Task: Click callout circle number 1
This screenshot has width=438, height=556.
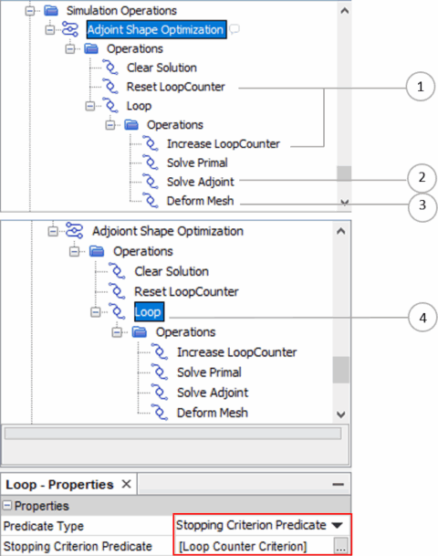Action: (x=421, y=87)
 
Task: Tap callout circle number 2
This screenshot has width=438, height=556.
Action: (x=422, y=178)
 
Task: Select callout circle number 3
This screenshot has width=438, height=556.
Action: (x=422, y=205)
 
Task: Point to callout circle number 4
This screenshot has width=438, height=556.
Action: (x=422, y=318)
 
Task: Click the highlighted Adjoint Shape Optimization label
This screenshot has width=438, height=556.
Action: (x=156, y=29)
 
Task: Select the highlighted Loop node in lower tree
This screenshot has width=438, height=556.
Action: (x=149, y=312)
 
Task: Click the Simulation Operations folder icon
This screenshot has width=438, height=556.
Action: (x=51, y=11)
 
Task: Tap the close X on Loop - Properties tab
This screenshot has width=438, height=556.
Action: (x=126, y=484)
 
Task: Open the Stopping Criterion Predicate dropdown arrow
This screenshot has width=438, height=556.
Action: (x=338, y=525)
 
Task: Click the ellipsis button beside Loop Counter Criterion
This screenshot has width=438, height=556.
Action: (x=340, y=546)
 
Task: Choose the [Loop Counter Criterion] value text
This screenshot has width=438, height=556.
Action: (x=243, y=546)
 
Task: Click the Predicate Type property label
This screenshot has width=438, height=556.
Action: (x=44, y=526)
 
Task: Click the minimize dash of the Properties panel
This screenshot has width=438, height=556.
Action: (x=338, y=484)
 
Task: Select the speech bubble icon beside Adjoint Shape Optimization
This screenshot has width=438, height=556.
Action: (x=235, y=28)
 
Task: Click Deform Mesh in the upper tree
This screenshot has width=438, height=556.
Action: (x=200, y=201)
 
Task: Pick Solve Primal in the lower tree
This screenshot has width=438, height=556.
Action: (x=209, y=372)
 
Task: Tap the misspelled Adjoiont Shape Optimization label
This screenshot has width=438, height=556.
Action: (x=168, y=231)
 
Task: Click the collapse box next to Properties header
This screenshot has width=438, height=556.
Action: (x=7, y=505)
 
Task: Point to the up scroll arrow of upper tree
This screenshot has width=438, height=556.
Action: (x=344, y=11)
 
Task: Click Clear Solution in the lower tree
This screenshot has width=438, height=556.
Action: (x=172, y=272)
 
